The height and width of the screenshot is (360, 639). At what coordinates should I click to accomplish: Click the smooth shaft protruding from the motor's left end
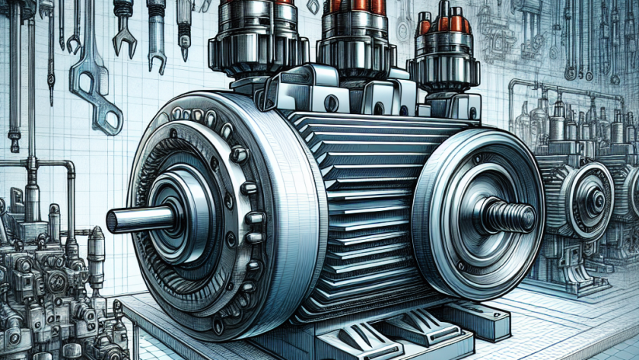pyautogui.click(x=137, y=219)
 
